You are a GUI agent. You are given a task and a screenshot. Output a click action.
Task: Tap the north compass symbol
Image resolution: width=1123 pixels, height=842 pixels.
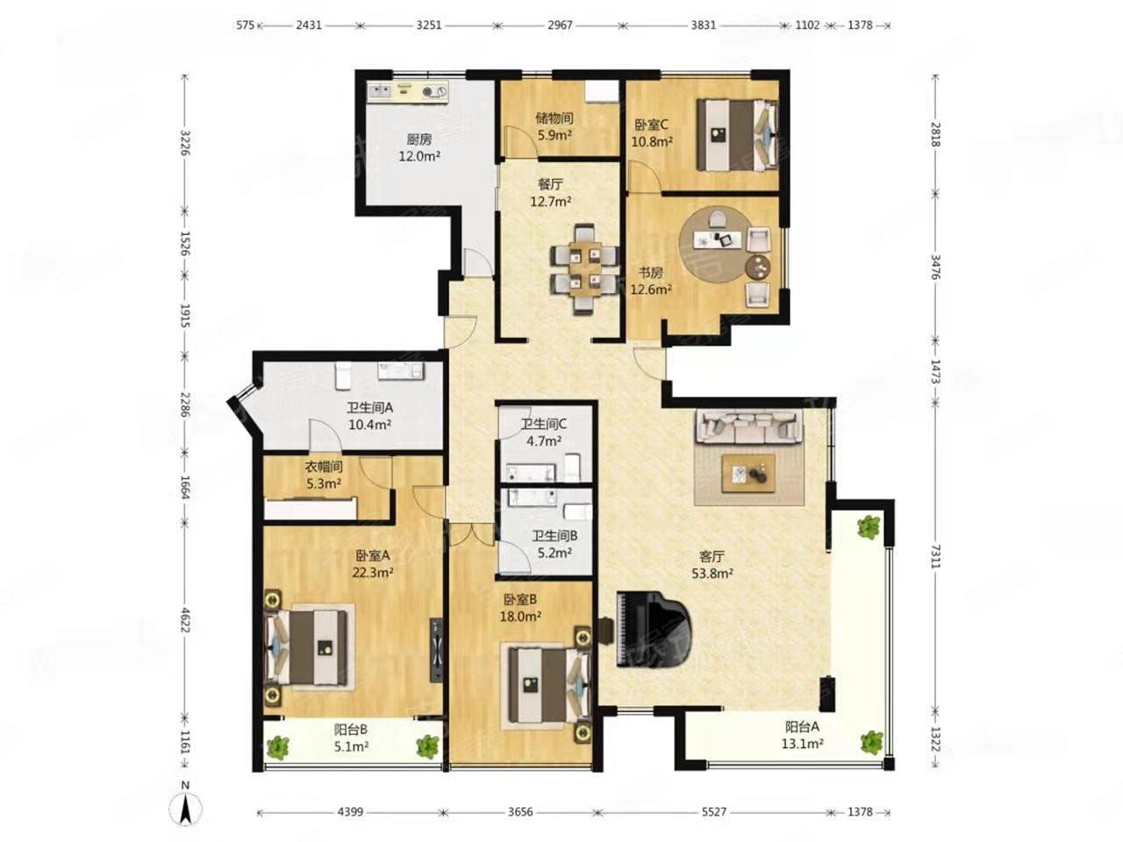pos(186,809)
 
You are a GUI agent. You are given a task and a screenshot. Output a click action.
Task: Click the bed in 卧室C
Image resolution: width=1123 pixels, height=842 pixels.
pos(737,134)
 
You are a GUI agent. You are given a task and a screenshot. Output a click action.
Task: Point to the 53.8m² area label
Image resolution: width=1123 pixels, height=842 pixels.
pos(712,574)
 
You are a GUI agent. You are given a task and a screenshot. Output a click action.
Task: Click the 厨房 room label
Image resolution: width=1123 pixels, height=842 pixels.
pos(419,139)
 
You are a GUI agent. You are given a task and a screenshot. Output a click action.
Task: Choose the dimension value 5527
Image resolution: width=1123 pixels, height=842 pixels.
pos(713,812)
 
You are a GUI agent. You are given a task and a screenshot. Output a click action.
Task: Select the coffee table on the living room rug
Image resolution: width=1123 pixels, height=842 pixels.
pos(748,474)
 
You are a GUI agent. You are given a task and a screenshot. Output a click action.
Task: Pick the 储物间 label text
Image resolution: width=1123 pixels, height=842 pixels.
pos(554,118)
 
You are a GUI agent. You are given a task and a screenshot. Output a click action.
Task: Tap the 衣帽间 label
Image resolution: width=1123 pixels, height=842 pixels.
pos(324,467)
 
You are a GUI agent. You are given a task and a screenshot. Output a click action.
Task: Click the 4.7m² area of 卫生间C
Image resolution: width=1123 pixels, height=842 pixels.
pos(544,440)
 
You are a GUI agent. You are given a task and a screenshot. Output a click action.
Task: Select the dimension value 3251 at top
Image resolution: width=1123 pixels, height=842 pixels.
pos(428,25)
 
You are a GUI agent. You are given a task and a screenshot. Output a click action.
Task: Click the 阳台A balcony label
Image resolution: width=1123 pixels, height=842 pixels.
pos(802,726)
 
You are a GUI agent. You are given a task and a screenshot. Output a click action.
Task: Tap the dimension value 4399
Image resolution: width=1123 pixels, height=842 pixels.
pos(350,812)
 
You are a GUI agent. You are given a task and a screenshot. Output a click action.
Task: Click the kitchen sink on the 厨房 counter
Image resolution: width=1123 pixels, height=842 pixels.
pos(381,91)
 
